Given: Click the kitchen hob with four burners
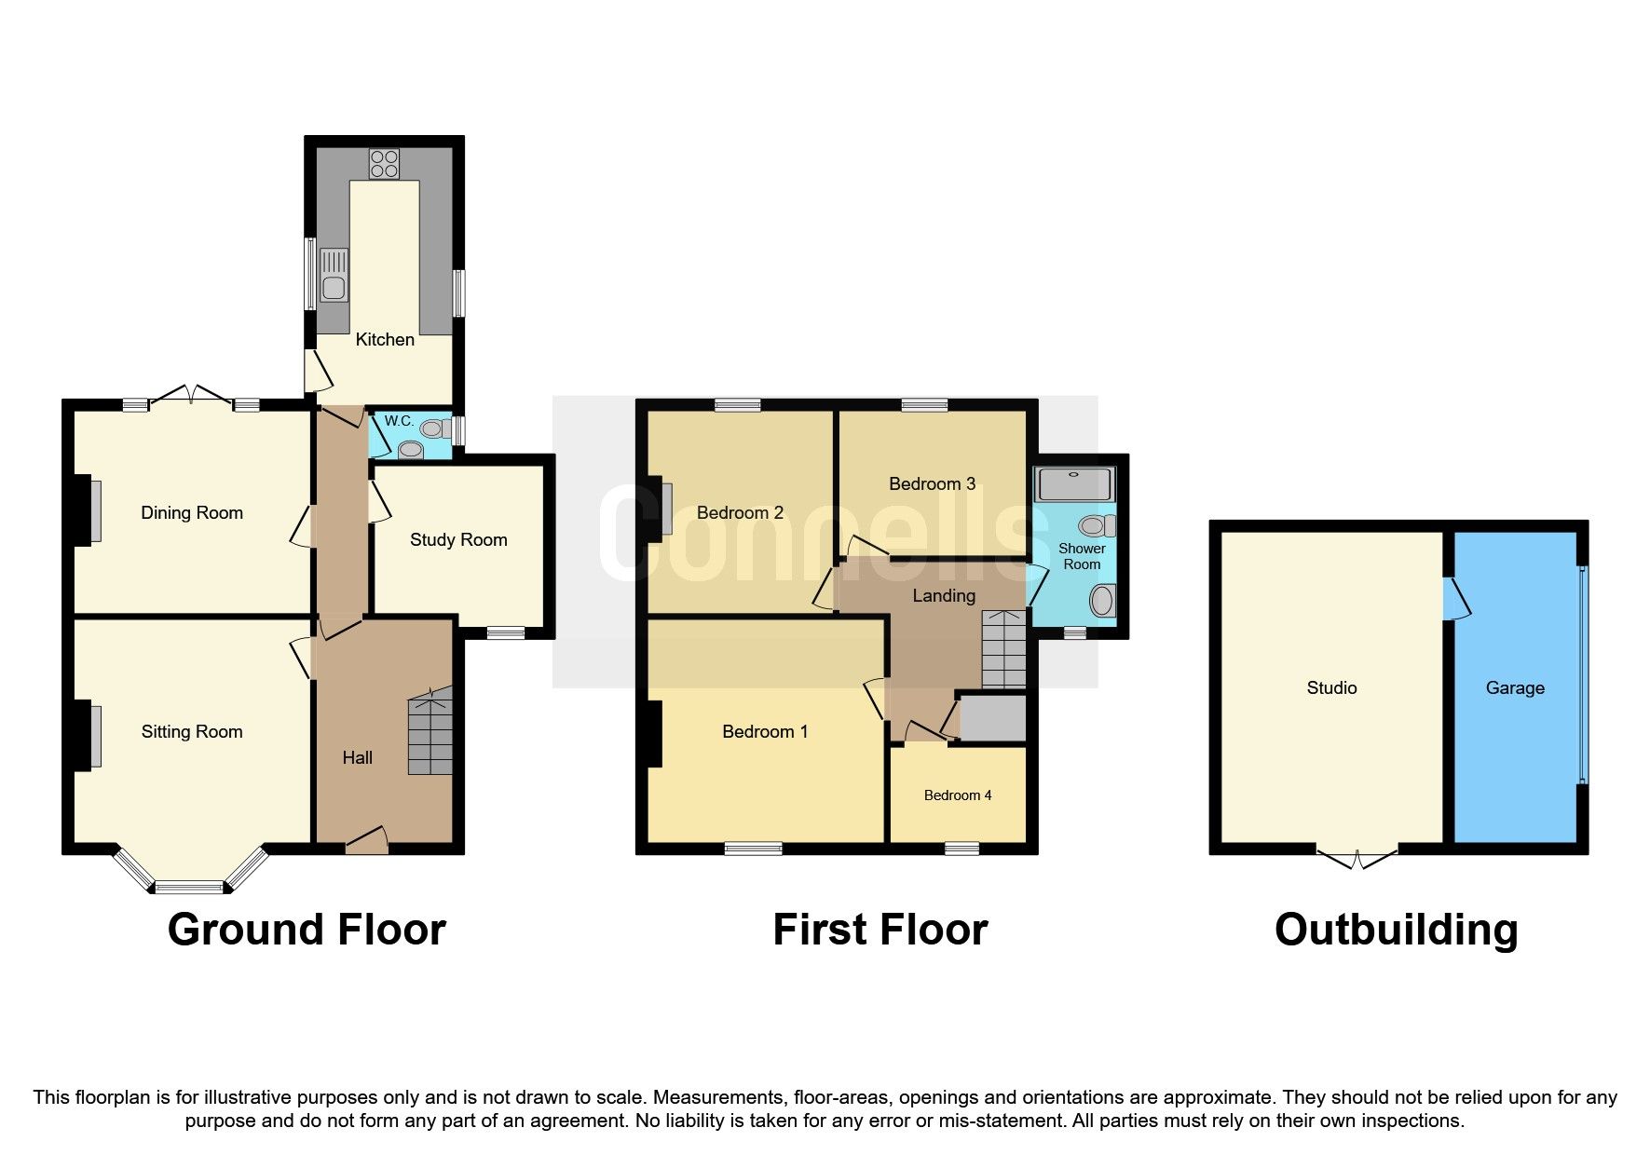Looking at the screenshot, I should coord(384,164).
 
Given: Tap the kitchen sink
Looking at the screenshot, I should coord(334,276).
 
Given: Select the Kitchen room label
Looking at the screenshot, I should coord(385,340).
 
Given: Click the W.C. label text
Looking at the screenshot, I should coord(399,421).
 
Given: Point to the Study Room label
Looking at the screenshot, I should coord(458,540).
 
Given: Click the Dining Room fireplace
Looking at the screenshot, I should coord(95,510).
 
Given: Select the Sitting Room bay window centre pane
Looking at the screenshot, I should coord(190,887).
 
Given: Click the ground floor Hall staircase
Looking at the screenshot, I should coord(430,731).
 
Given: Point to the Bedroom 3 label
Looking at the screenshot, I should coord(932,484).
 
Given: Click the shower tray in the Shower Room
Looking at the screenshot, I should coord(1073,484).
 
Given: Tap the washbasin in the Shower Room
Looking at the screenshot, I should coord(1102,601).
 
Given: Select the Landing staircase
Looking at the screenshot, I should coord(1004,649).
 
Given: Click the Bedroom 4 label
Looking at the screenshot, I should coord(958,795).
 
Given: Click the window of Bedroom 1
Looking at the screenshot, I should coord(754,849).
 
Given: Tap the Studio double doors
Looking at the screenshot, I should coord(1357,857).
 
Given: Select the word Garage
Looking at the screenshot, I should coord(1515,688).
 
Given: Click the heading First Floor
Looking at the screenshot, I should coord(880,930).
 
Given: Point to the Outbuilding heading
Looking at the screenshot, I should coord(1396,930).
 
